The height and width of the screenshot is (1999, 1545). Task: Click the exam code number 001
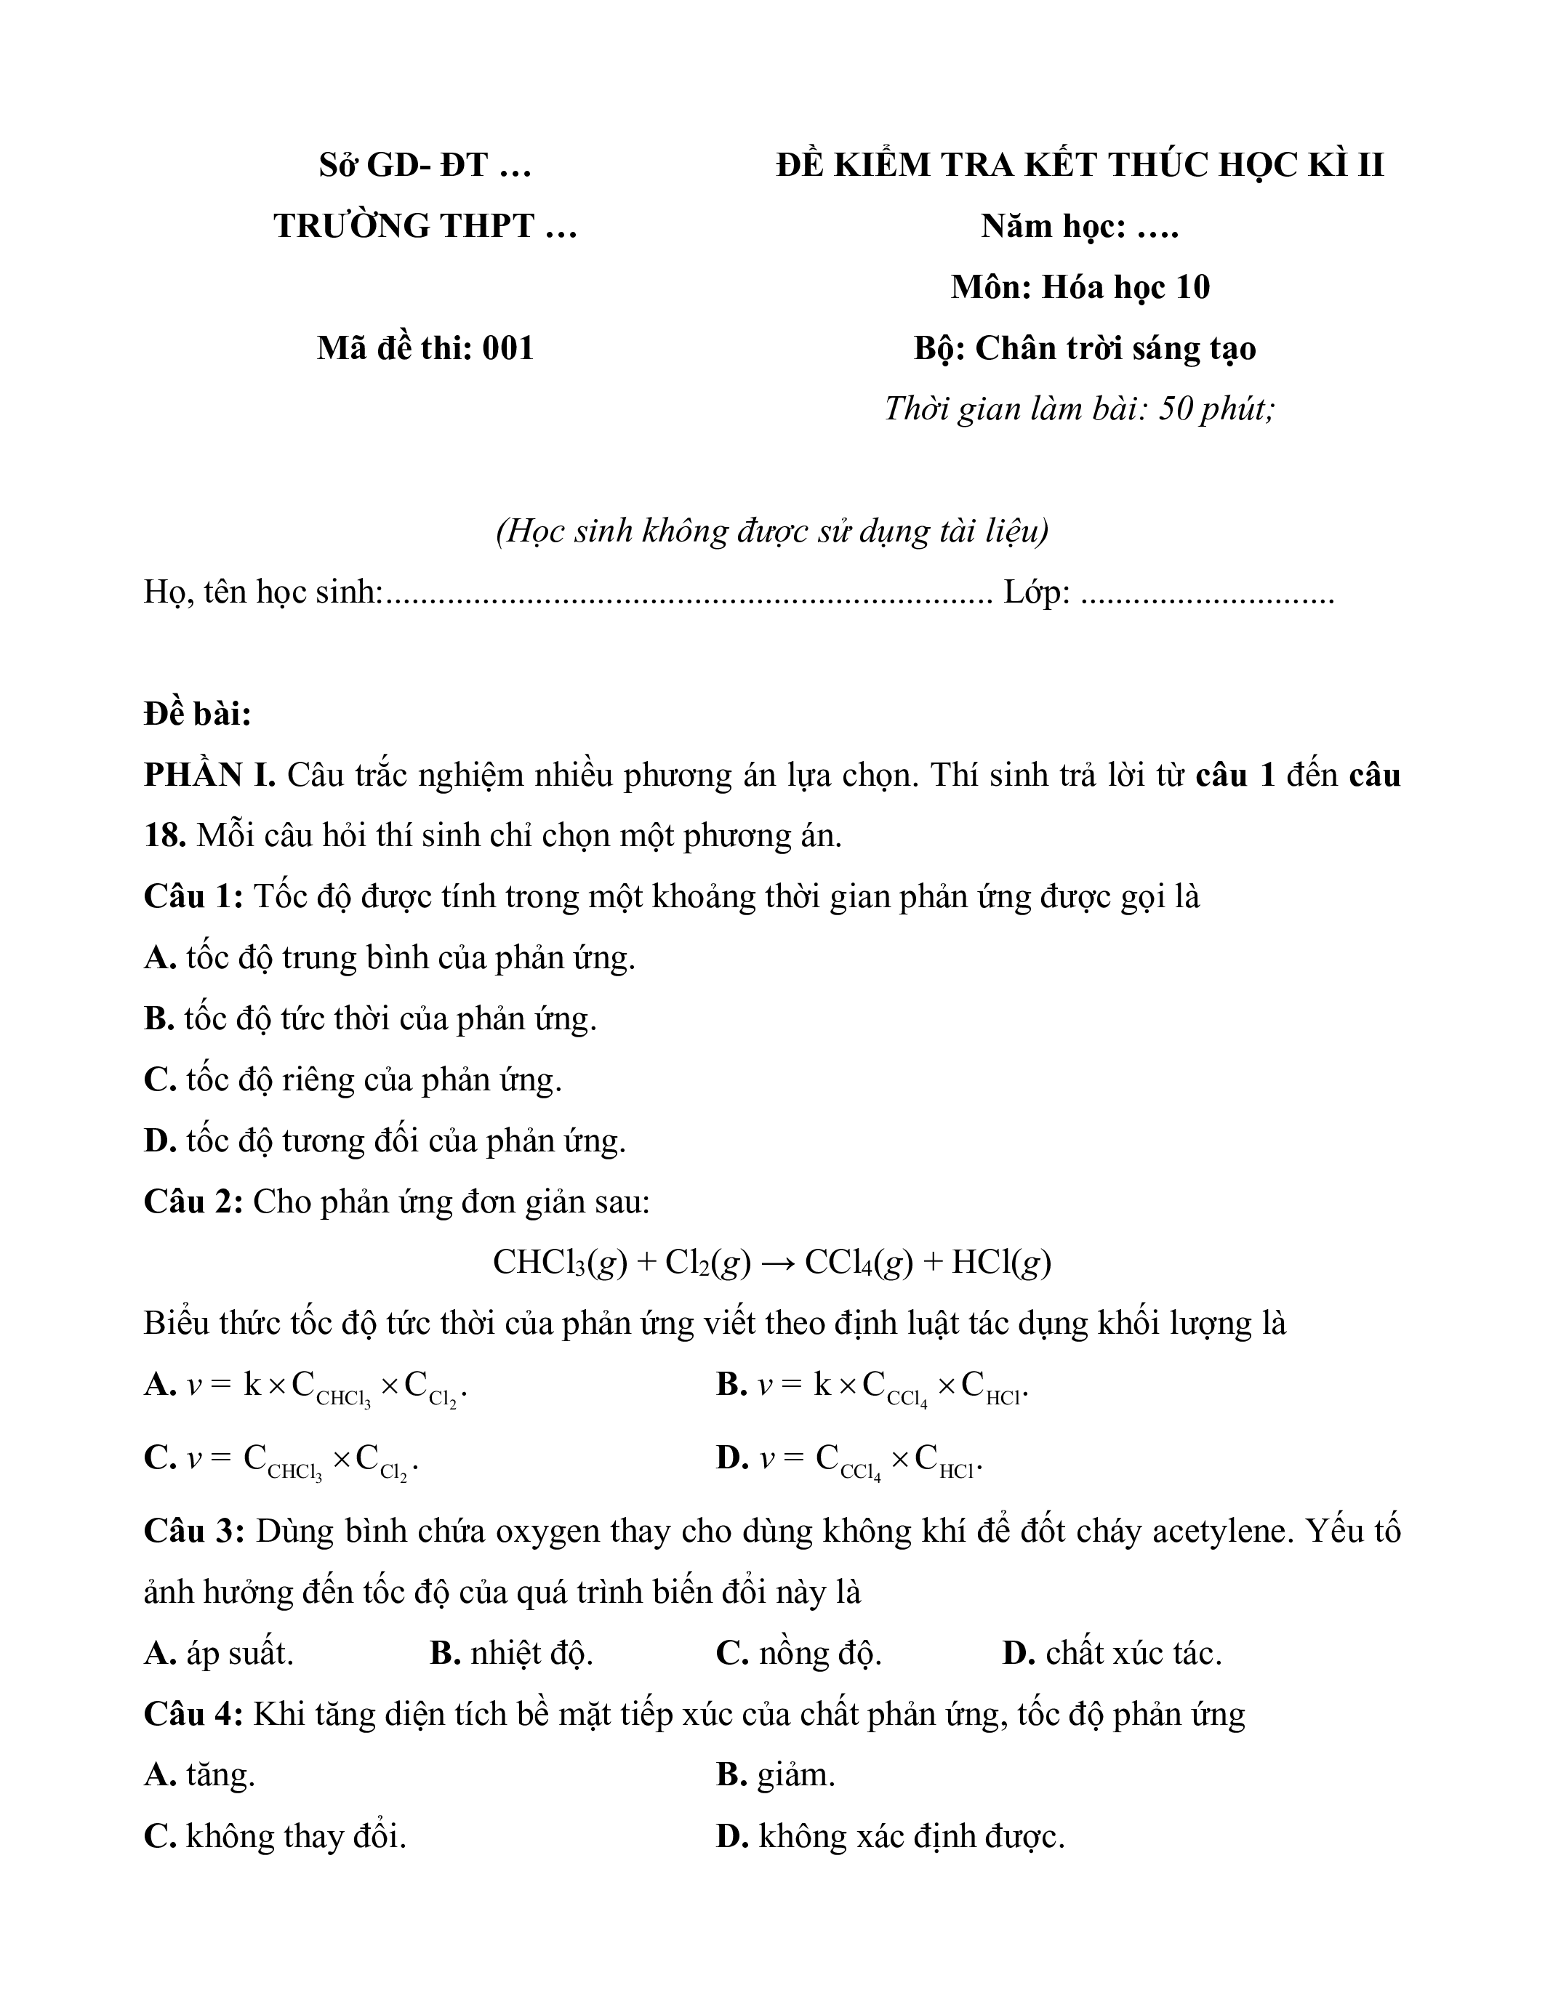508,349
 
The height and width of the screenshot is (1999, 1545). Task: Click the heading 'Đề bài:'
198,714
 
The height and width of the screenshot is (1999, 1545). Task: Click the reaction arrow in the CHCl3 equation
777,1263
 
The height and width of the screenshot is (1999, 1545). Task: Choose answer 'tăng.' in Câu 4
220,1776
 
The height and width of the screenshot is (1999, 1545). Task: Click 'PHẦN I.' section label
209,776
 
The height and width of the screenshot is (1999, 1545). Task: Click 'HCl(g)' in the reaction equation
1001,1263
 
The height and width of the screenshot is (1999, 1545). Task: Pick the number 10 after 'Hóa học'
1192,287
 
